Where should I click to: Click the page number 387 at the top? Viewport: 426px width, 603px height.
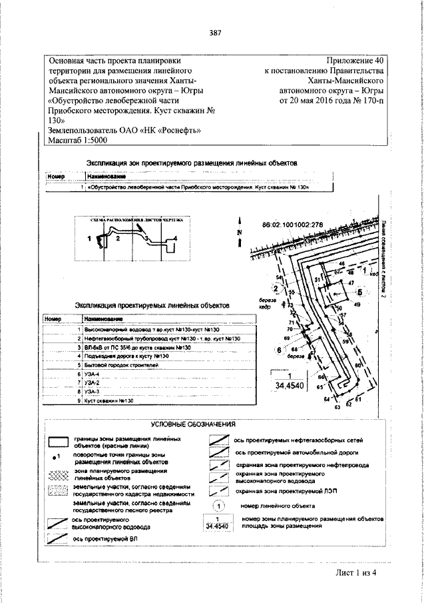[214, 33]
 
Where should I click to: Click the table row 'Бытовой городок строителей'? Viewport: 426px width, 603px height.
[117, 366]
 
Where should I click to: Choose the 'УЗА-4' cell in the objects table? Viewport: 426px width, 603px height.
[93, 375]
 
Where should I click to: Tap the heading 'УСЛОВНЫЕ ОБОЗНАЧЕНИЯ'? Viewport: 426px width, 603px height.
[193, 424]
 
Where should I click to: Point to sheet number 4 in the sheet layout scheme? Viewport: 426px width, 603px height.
[174, 237]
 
